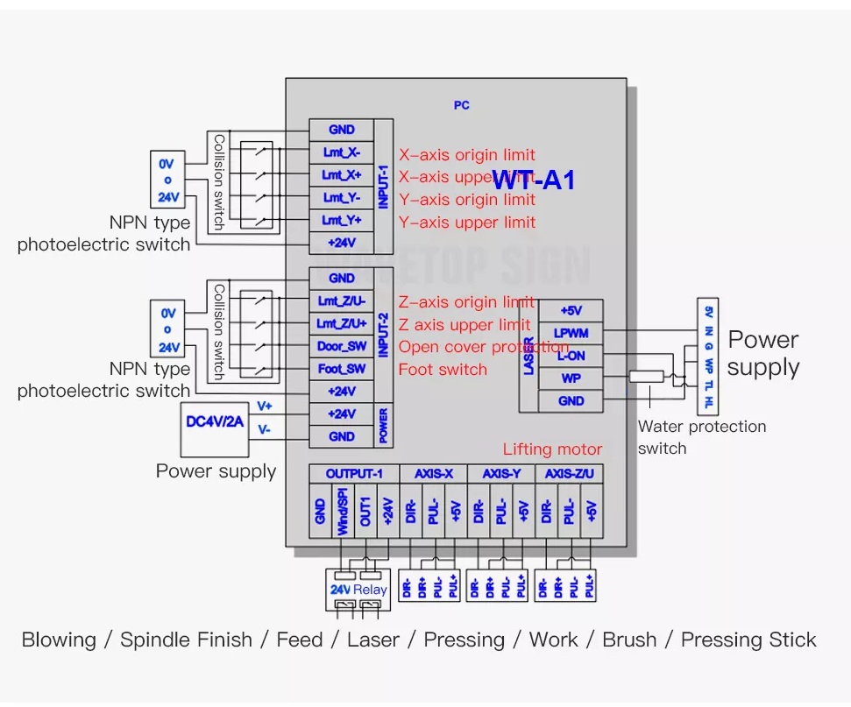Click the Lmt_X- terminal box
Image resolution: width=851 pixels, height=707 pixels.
pyautogui.click(x=341, y=152)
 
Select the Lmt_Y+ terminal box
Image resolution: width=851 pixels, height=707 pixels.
pyautogui.click(x=341, y=220)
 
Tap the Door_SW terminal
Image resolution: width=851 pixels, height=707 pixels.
pyautogui.click(x=341, y=346)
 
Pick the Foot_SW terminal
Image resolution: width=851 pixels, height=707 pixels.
pyautogui.click(x=341, y=369)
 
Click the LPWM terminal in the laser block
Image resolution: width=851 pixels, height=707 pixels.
pyautogui.click(x=571, y=333)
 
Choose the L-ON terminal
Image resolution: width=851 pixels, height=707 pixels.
pyautogui.click(x=571, y=356)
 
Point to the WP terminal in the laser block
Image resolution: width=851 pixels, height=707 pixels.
pyautogui.click(x=571, y=378)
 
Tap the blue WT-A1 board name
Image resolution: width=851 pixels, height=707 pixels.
pyautogui.click(x=534, y=180)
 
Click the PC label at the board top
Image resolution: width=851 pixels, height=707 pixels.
pyautogui.click(x=462, y=105)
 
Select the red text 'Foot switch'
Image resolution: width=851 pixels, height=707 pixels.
pyautogui.click(x=443, y=370)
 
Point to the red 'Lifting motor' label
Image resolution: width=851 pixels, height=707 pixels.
pyautogui.click(x=552, y=449)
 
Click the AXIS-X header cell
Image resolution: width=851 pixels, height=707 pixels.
pyautogui.click(x=433, y=474)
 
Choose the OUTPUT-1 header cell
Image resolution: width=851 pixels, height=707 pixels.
pyautogui.click(x=354, y=474)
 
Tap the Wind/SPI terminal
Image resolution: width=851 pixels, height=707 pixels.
pyautogui.click(x=343, y=512)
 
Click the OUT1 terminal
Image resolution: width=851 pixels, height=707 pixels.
pyautogui.click(x=365, y=512)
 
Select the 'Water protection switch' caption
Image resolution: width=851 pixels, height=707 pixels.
pyautogui.click(x=701, y=437)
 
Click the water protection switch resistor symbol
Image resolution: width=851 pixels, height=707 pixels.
pyautogui.click(x=647, y=377)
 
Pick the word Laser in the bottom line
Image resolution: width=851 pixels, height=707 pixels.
pyautogui.click(x=373, y=640)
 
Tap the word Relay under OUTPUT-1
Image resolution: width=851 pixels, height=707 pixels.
pyautogui.click(x=371, y=590)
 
